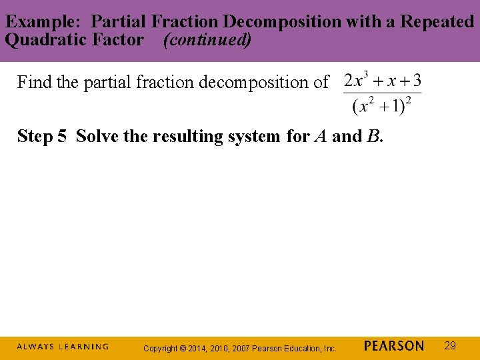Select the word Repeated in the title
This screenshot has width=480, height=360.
click(x=437, y=21)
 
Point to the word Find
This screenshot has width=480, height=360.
click(x=32, y=82)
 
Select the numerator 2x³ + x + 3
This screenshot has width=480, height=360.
click(x=382, y=82)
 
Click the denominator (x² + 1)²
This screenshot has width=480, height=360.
click(x=382, y=106)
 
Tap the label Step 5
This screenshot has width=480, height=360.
click(x=42, y=136)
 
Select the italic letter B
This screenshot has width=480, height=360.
click(x=373, y=136)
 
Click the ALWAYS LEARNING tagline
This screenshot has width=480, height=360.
click(x=63, y=347)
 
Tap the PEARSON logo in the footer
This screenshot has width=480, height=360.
click(x=394, y=346)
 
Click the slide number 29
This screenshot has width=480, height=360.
click(x=450, y=345)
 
